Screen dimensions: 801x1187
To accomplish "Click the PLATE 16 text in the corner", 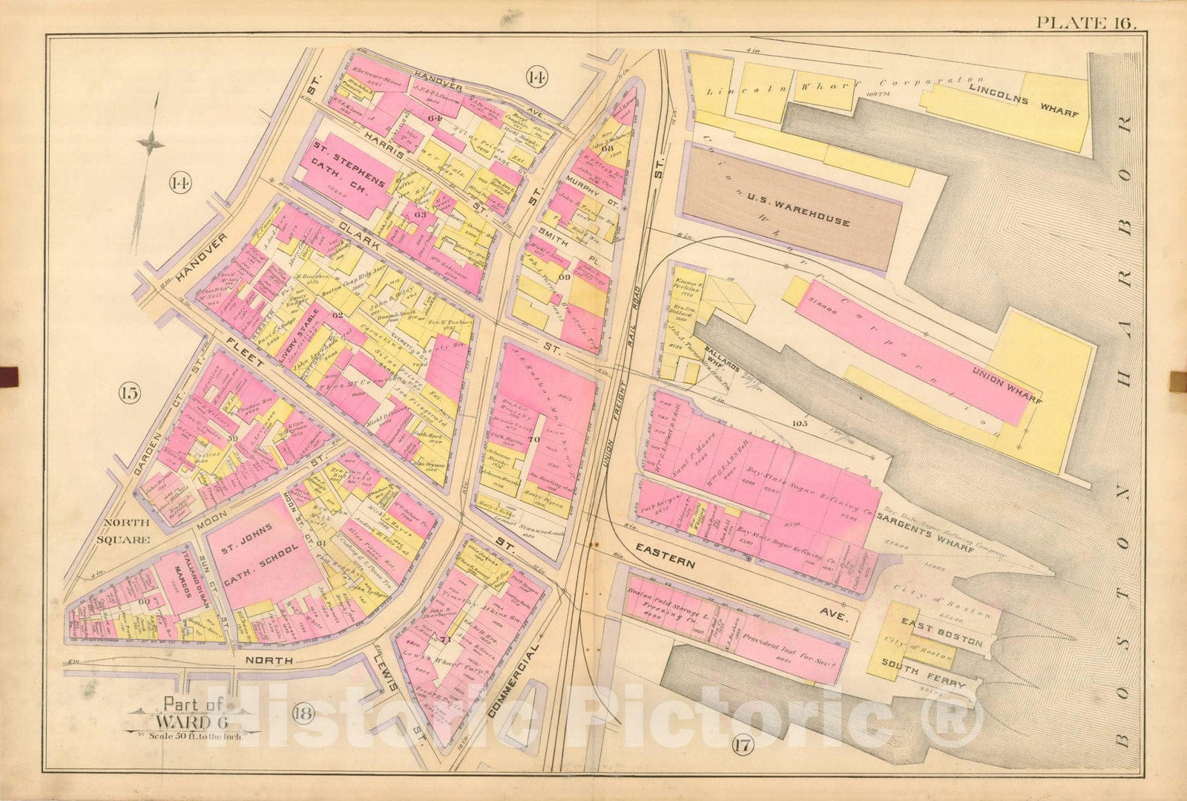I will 1086,22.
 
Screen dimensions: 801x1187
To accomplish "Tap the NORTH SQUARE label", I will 125,531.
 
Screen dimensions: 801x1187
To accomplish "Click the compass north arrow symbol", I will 151,143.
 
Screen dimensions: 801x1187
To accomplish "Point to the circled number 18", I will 303,714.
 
